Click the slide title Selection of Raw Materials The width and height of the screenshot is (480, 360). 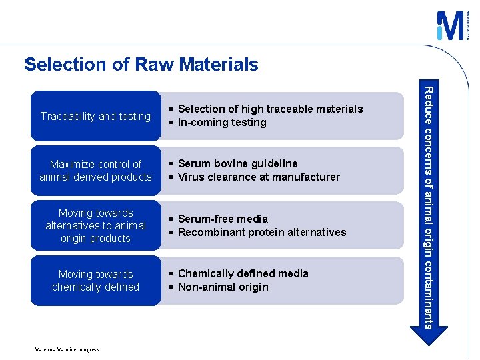141,64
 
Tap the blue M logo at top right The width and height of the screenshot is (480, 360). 450,26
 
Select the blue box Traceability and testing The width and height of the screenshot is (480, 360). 95,116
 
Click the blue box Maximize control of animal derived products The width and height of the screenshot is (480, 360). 95,171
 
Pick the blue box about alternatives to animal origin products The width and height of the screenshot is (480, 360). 95,225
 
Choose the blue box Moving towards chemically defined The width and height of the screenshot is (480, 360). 95,281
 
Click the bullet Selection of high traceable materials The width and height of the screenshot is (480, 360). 270,109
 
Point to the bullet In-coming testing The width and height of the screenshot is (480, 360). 222,123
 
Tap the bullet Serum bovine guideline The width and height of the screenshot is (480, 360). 237,163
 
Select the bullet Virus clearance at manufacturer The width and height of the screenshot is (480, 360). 259,177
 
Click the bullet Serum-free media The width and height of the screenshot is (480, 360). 223,219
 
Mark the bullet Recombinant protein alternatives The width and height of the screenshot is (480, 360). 262,233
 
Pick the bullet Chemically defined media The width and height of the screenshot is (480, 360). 243,273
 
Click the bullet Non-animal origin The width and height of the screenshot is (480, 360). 223,287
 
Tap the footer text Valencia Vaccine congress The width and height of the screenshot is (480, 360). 67,349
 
